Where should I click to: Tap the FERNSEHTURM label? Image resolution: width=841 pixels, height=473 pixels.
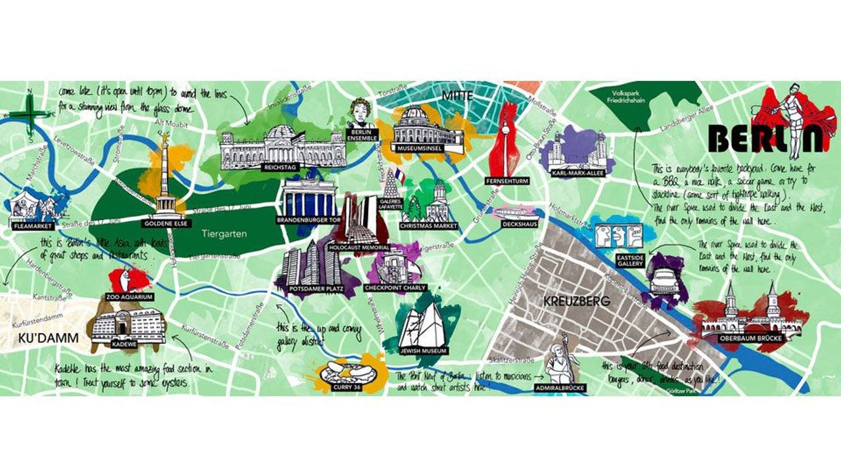[x=507, y=180]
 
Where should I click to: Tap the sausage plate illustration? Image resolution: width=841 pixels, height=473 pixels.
[x=348, y=372]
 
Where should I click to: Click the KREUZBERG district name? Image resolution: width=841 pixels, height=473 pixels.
[x=577, y=302]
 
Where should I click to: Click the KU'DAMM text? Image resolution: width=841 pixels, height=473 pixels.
[x=45, y=338]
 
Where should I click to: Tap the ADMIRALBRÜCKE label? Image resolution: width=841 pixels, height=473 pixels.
[x=559, y=388]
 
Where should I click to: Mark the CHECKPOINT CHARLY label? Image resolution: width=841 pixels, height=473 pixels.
[x=394, y=288]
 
